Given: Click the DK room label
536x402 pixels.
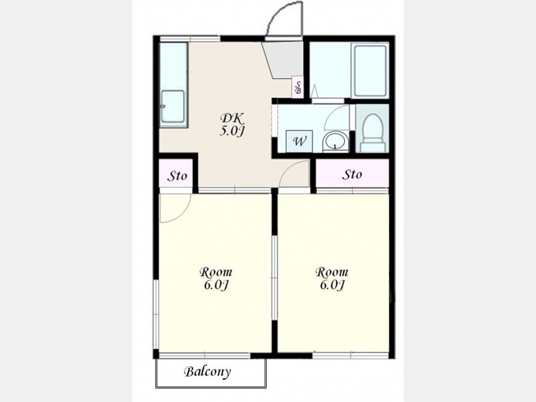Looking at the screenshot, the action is click(x=232, y=119).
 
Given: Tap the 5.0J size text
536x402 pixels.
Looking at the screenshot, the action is click(x=232, y=130).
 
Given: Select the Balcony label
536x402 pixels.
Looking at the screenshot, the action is click(x=207, y=372).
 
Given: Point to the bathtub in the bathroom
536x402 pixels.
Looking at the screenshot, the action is click(x=370, y=71).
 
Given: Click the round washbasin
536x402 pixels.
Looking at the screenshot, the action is click(x=335, y=141).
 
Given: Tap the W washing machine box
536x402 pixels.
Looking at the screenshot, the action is click(x=300, y=141).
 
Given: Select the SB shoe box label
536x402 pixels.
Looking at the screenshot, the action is click(x=298, y=88).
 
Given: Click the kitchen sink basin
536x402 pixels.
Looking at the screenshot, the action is click(x=173, y=107).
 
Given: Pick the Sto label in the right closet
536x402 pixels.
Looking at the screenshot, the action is click(x=352, y=174).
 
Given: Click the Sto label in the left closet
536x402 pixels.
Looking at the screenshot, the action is click(x=177, y=176).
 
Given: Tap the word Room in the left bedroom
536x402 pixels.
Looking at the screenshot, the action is click(x=216, y=272).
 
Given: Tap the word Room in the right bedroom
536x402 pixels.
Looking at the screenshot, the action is click(x=332, y=272).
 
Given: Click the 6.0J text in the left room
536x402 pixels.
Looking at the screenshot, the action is click(x=216, y=285).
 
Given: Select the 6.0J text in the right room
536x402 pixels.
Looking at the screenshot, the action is click(x=332, y=285).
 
